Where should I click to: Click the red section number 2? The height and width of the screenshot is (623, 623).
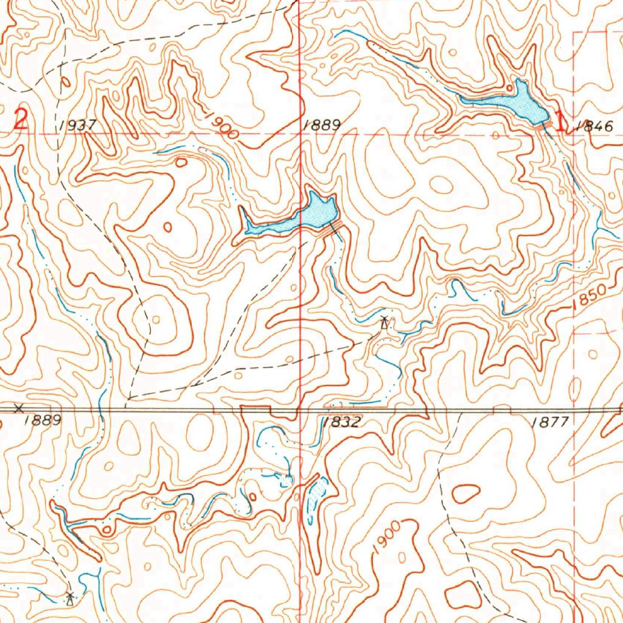(21, 119)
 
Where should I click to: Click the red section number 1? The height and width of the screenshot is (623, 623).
(560, 120)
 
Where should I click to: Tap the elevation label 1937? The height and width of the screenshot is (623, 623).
(78, 125)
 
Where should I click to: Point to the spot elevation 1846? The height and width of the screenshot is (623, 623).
(592, 126)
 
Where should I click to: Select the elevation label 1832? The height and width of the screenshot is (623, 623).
(341, 422)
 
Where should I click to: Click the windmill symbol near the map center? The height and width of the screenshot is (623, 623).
(384, 322)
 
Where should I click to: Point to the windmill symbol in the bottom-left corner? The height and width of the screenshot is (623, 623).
(71, 598)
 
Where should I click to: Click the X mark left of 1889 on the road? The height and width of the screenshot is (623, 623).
(19, 408)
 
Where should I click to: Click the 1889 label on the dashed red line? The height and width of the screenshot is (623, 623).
(321, 125)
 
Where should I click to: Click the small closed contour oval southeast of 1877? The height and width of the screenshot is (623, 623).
(466, 493)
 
